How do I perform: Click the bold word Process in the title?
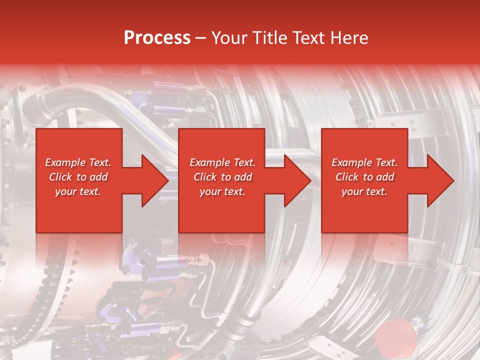coord(157,38)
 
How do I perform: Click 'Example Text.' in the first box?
coord(78,162)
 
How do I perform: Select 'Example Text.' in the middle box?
coord(222,162)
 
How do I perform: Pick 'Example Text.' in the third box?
coord(364,162)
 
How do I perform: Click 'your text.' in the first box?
coord(78,191)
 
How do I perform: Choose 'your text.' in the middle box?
coord(222,191)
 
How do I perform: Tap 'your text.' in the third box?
coord(364,191)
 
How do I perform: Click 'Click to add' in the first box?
coord(78,177)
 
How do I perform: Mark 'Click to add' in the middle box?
coord(222,177)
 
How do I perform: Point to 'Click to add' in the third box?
coord(364,177)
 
